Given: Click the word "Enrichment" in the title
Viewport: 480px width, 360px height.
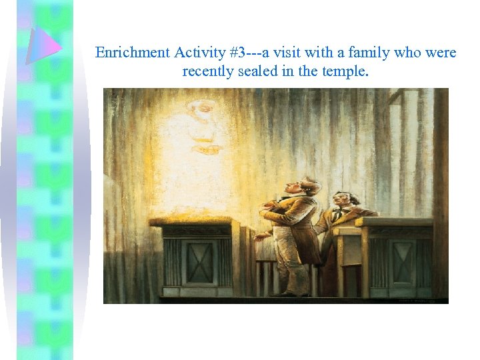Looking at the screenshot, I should coord(131,53).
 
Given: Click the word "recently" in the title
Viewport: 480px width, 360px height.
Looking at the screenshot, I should coord(207,70).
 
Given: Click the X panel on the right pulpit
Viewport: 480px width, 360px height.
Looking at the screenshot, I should coord(402,263).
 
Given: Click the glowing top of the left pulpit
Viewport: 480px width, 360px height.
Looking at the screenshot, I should coord(190,221).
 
